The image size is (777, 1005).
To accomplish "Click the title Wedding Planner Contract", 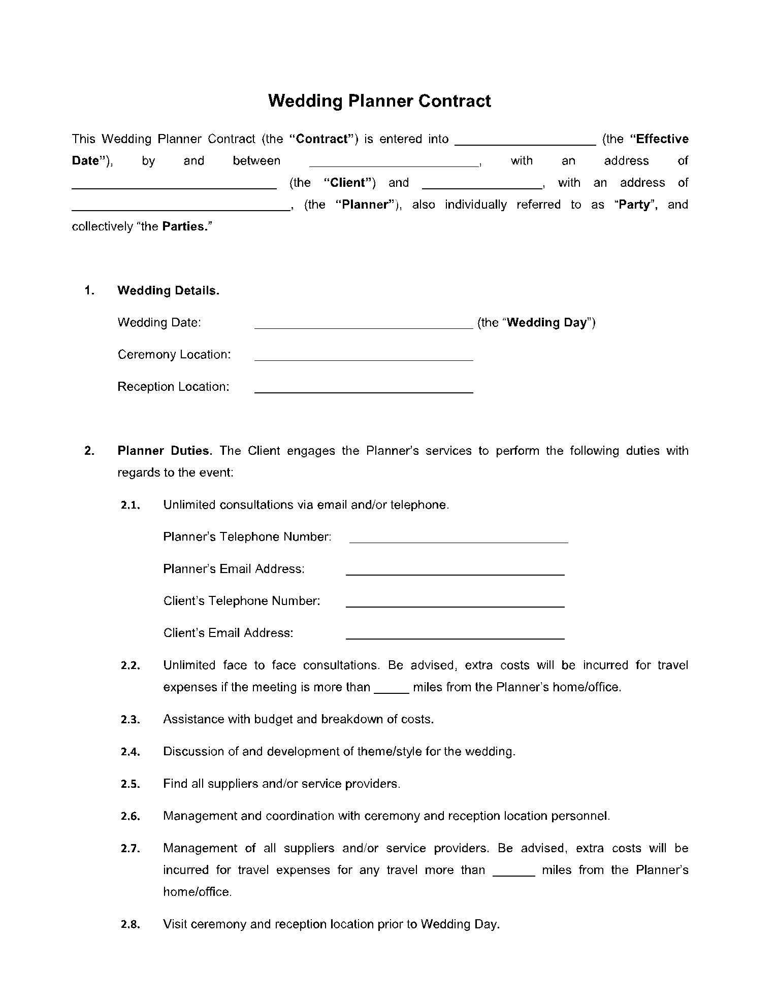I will [379, 100].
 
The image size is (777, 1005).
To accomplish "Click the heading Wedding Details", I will [168, 290].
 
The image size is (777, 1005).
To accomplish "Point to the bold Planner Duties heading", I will [165, 451].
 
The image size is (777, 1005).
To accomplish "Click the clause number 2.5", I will [130, 784].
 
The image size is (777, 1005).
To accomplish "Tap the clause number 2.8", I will [130, 924].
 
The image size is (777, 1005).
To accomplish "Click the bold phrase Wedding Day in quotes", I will [546, 322].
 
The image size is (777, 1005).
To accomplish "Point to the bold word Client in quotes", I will [348, 183].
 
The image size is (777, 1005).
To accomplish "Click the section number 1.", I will [90, 290].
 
